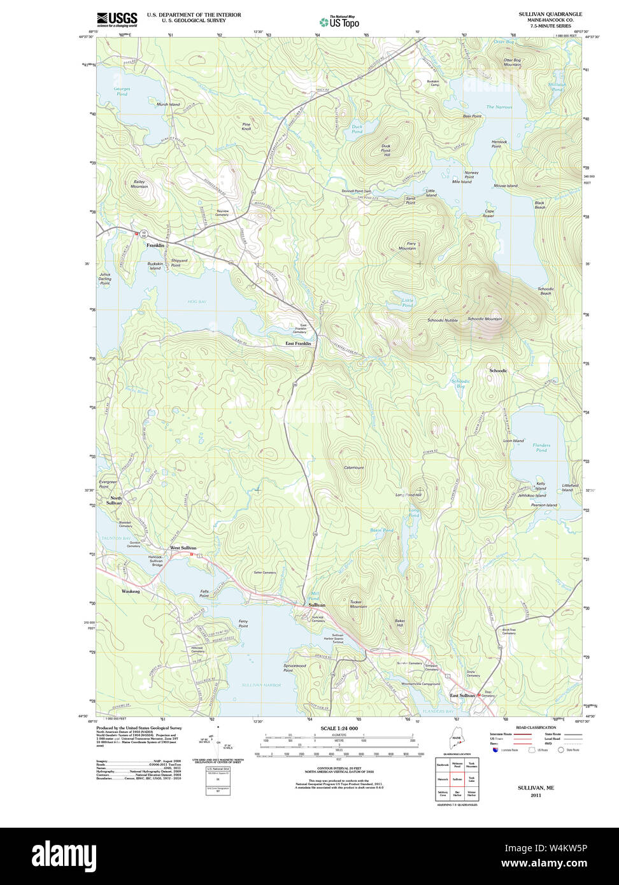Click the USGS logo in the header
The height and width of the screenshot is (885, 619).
point(117,19)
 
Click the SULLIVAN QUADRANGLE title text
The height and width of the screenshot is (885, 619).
point(541,14)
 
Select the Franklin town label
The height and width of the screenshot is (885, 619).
point(155,245)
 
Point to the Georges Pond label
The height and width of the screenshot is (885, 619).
point(122,91)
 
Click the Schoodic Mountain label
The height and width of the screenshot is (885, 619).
point(484,319)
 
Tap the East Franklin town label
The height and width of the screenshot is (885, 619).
point(298,344)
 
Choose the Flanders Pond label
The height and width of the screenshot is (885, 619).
point(541,448)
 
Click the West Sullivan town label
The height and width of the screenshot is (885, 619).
point(183,548)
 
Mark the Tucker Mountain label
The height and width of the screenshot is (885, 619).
point(358,604)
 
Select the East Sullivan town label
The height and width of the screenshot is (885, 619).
point(462,695)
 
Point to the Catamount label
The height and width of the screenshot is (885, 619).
point(353,467)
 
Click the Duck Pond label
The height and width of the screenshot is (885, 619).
point(357,129)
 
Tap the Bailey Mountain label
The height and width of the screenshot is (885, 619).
point(139,184)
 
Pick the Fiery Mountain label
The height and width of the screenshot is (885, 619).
point(407,245)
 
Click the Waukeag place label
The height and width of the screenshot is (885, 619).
point(131,591)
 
